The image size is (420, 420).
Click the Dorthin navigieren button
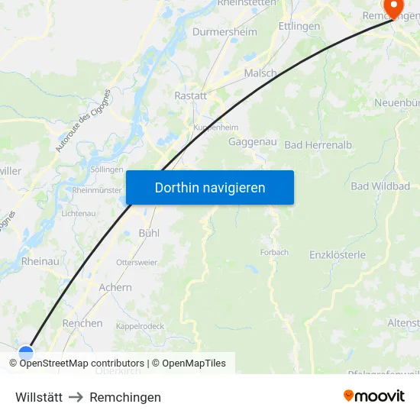tap(210, 188)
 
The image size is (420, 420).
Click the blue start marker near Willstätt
tap(27, 353)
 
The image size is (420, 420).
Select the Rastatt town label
tap(191, 96)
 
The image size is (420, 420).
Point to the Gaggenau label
tap(252, 142)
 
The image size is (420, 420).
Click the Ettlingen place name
tap(299, 26)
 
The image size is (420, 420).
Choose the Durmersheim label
tap(225, 32)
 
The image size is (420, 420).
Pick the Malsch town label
tap(260, 73)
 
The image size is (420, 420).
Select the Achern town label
tap(115, 288)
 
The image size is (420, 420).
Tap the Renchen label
tap(82, 323)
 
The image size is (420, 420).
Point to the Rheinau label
tap(40, 261)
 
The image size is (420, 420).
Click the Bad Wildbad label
tap(380, 186)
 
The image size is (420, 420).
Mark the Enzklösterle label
tap(338, 255)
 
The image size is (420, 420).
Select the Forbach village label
tap(274, 252)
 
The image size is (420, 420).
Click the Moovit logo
tap(374, 396)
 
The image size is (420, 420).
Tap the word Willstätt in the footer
tap(39, 397)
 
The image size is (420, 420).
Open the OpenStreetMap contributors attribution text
tap(82, 363)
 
